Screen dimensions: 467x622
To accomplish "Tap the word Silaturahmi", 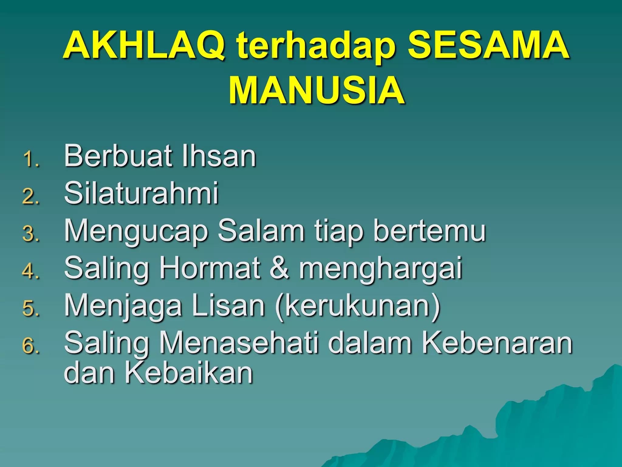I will pos(141,193).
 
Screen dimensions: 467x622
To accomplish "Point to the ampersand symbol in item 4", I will pos(279,268).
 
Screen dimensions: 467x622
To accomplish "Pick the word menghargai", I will pos(381,269).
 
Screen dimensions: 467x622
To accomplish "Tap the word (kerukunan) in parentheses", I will pos(357,306).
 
